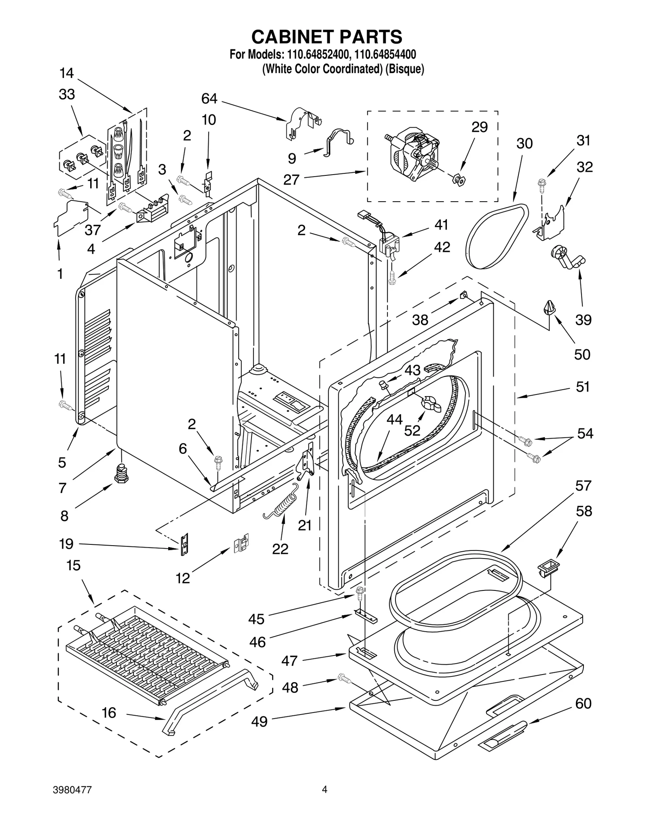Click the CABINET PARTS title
(x=326, y=37)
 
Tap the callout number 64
(x=209, y=99)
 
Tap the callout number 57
(x=583, y=485)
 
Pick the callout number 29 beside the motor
(x=480, y=127)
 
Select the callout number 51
(x=583, y=387)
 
